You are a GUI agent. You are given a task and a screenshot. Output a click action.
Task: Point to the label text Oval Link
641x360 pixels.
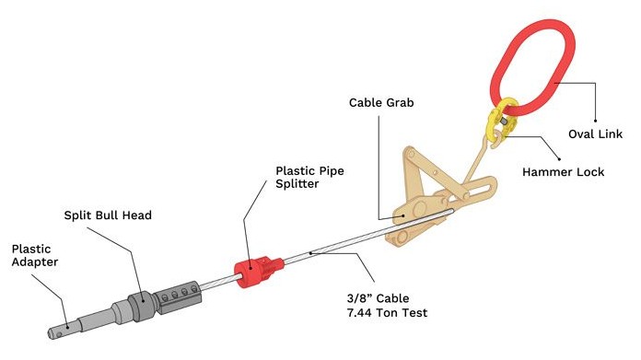pos(595,134)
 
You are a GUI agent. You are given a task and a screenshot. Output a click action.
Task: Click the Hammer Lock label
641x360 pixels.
pos(563,171)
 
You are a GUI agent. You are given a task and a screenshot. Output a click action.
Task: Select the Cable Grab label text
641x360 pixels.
pos(381,102)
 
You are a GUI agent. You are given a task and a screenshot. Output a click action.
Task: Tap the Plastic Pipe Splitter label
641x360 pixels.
pos(309,177)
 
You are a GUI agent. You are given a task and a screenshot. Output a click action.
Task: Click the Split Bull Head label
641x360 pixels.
pos(108,215)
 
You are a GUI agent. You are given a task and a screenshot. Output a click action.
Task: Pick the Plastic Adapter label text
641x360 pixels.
pos(34,255)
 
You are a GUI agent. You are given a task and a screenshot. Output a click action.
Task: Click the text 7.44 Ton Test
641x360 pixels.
pos(387,313)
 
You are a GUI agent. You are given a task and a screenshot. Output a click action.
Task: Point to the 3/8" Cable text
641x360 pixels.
pos(378,298)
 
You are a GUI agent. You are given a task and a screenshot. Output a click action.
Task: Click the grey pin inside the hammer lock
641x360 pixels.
pos(503,121)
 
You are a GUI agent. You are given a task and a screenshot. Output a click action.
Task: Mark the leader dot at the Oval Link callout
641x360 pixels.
pos(595,121)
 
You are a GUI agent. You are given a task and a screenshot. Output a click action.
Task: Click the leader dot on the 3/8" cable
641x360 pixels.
pos(310,253)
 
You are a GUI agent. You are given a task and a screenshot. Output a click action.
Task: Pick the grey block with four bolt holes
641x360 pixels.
pos(179,298)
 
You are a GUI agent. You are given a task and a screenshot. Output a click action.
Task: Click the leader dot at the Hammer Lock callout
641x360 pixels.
pos(559,159)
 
